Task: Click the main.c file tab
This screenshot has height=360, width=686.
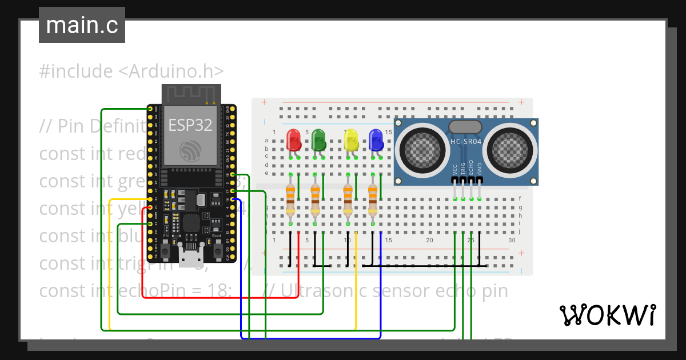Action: click(x=82, y=25)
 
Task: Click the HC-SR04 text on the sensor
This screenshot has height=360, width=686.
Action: click(x=466, y=141)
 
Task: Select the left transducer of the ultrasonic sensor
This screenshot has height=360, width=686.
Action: click(x=422, y=150)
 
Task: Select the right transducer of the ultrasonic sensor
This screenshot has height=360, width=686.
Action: click(x=510, y=150)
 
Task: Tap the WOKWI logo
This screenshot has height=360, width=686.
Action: click(x=607, y=315)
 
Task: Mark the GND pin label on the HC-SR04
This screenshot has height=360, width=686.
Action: click(x=480, y=169)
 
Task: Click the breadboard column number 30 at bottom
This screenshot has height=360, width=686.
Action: click(x=512, y=241)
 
